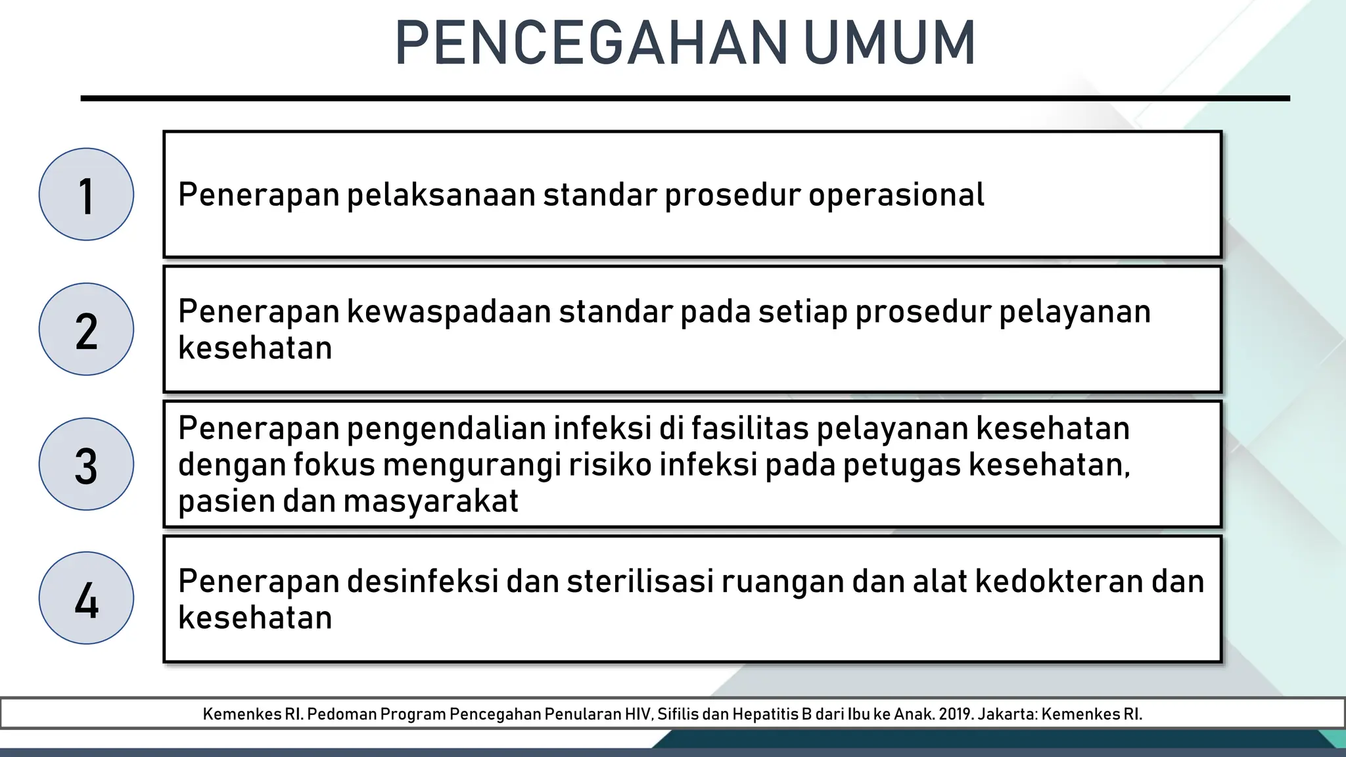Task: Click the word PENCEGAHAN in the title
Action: tap(590, 43)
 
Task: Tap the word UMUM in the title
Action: tap(889, 43)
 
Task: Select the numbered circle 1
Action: tap(86, 195)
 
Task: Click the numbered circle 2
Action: tap(86, 329)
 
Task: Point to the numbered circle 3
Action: tap(86, 464)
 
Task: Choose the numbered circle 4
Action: tap(86, 598)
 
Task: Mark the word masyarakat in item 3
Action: tap(430, 501)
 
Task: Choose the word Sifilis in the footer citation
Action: tap(678, 714)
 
